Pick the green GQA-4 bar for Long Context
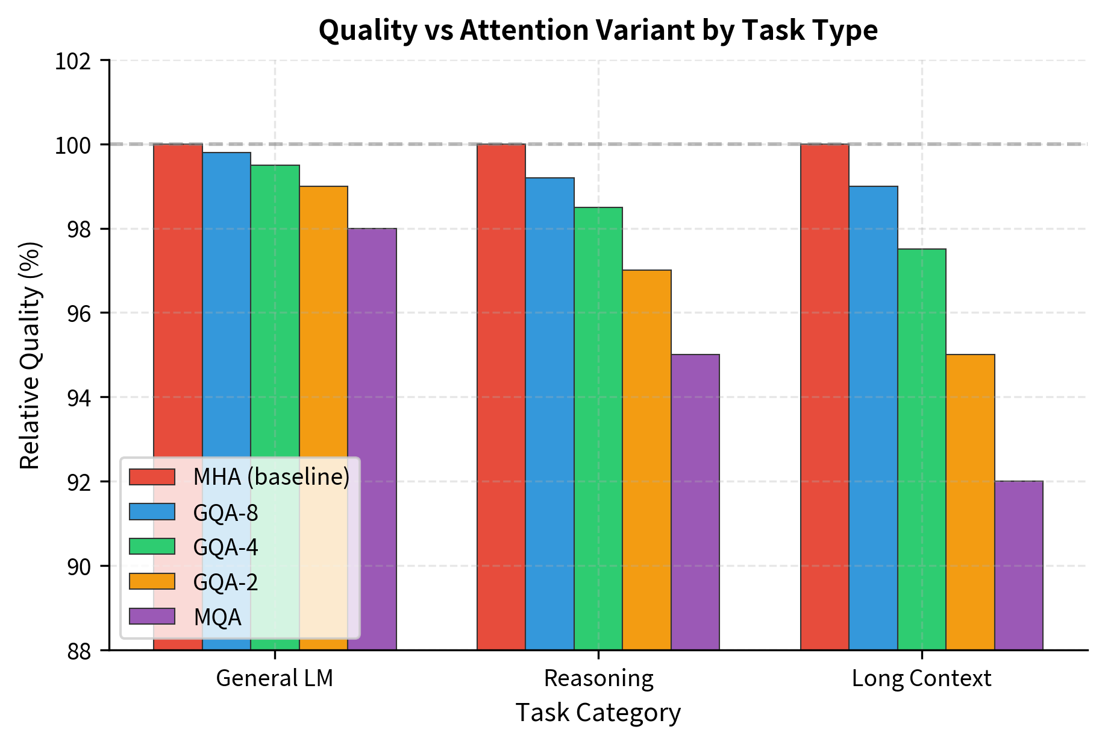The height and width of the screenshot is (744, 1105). [x=921, y=449]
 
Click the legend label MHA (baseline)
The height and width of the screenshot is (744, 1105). [x=271, y=477]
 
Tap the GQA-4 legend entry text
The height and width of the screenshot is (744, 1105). [x=225, y=547]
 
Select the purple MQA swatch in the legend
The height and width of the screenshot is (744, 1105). [x=152, y=616]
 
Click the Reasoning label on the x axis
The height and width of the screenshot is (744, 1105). [x=598, y=678]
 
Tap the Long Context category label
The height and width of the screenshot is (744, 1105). [x=921, y=678]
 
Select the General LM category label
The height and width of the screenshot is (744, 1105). [x=275, y=678]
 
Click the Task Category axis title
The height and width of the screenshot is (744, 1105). [x=598, y=713]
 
